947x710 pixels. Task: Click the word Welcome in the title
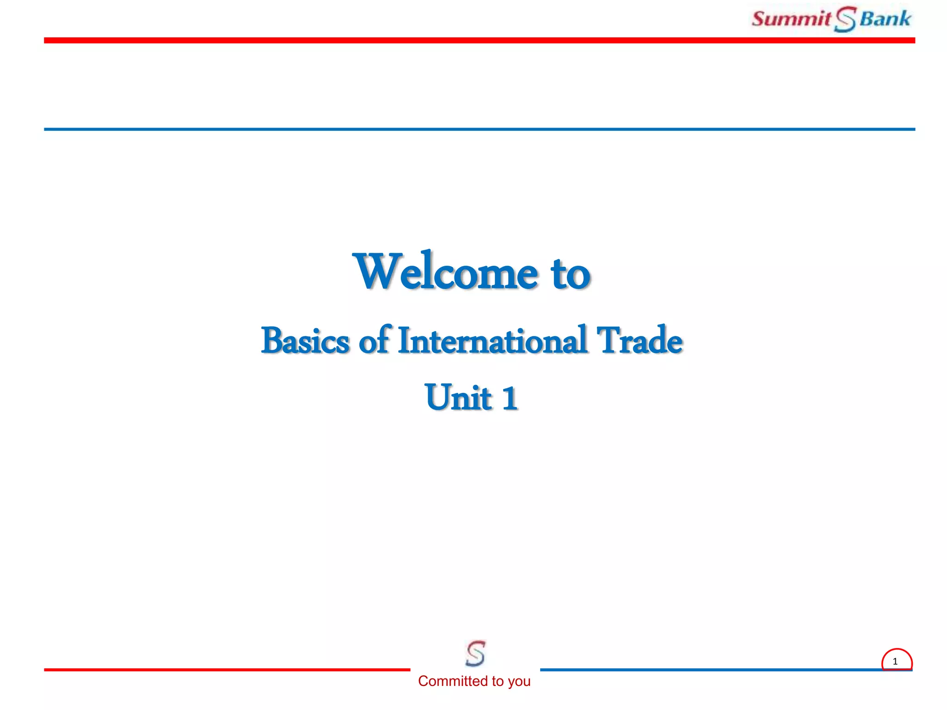[x=445, y=272]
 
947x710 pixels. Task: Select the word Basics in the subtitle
[x=305, y=341]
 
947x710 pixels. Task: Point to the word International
[x=492, y=341]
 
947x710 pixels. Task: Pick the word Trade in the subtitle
[x=639, y=341]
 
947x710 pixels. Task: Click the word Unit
[x=458, y=397]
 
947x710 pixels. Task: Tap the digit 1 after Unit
[x=510, y=398]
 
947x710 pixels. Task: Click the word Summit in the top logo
[x=791, y=19]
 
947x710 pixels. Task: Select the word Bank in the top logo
[x=885, y=19]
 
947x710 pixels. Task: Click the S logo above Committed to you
[x=475, y=653]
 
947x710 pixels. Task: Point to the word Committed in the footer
[x=453, y=681]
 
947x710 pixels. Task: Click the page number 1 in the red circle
[x=895, y=661]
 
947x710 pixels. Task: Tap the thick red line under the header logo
[x=479, y=41]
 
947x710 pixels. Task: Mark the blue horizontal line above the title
[x=479, y=129]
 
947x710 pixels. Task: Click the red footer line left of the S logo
[x=227, y=669]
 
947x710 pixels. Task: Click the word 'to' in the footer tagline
[x=498, y=681]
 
